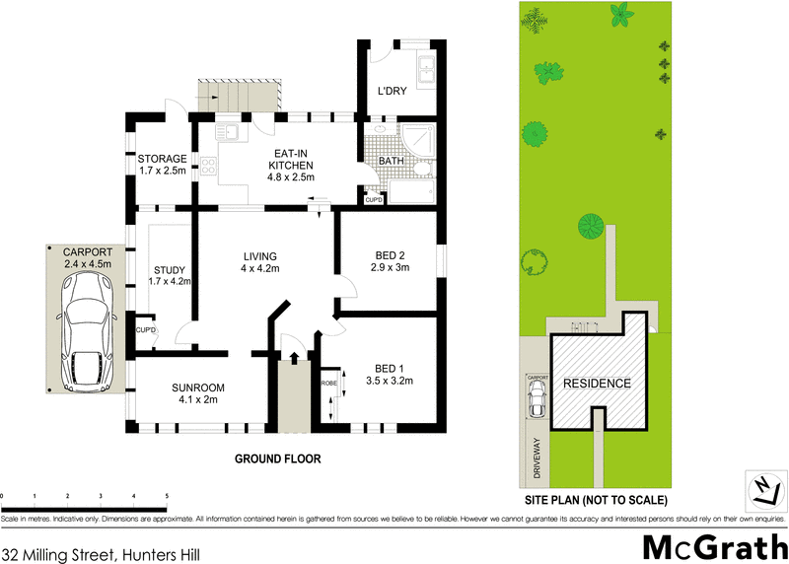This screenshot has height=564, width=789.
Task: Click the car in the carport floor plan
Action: pyautogui.click(x=87, y=331)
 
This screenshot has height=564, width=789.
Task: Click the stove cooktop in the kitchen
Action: pyautogui.click(x=209, y=166)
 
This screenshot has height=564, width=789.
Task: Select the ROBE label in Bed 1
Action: pyautogui.click(x=328, y=382)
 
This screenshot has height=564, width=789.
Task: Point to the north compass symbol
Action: pyautogui.click(x=762, y=487)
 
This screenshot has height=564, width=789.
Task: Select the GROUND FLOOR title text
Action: pyautogui.click(x=277, y=459)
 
